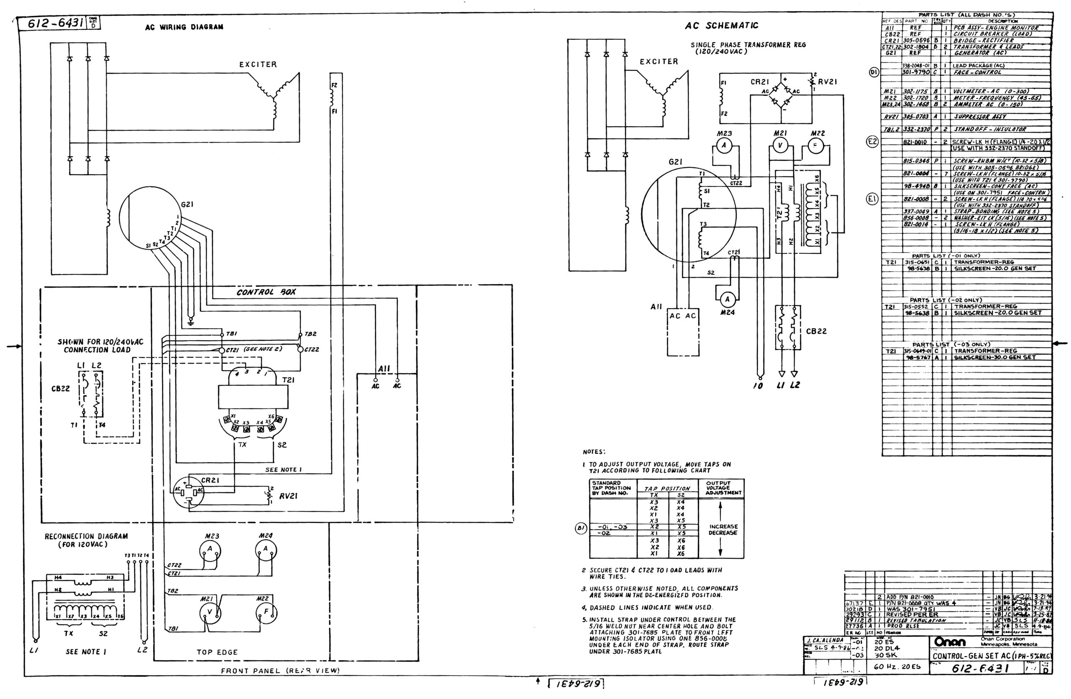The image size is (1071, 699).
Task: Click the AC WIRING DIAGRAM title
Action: [184, 27]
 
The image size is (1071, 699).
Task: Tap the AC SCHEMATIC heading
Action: [721, 26]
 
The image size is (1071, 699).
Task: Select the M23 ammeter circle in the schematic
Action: [724, 146]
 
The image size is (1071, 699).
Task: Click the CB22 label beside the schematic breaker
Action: [816, 331]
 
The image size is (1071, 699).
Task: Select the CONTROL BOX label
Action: [266, 292]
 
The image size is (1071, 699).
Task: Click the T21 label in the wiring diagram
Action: [288, 380]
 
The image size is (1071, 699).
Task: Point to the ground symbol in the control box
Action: [191, 321]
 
